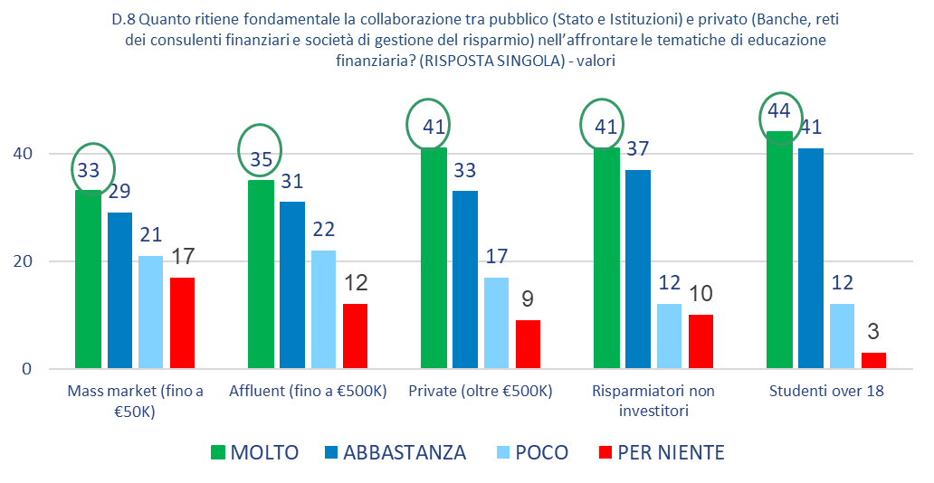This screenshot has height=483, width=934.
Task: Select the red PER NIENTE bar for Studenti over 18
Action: point(873,360)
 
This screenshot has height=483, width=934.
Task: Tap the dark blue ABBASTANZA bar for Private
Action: point(465,279)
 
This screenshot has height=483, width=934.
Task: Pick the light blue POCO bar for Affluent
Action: point(323,309)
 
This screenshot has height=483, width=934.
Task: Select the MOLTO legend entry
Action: point(255,452)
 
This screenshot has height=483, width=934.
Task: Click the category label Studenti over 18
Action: point(825,393)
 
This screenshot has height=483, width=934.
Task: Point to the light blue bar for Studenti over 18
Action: point(841,336)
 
